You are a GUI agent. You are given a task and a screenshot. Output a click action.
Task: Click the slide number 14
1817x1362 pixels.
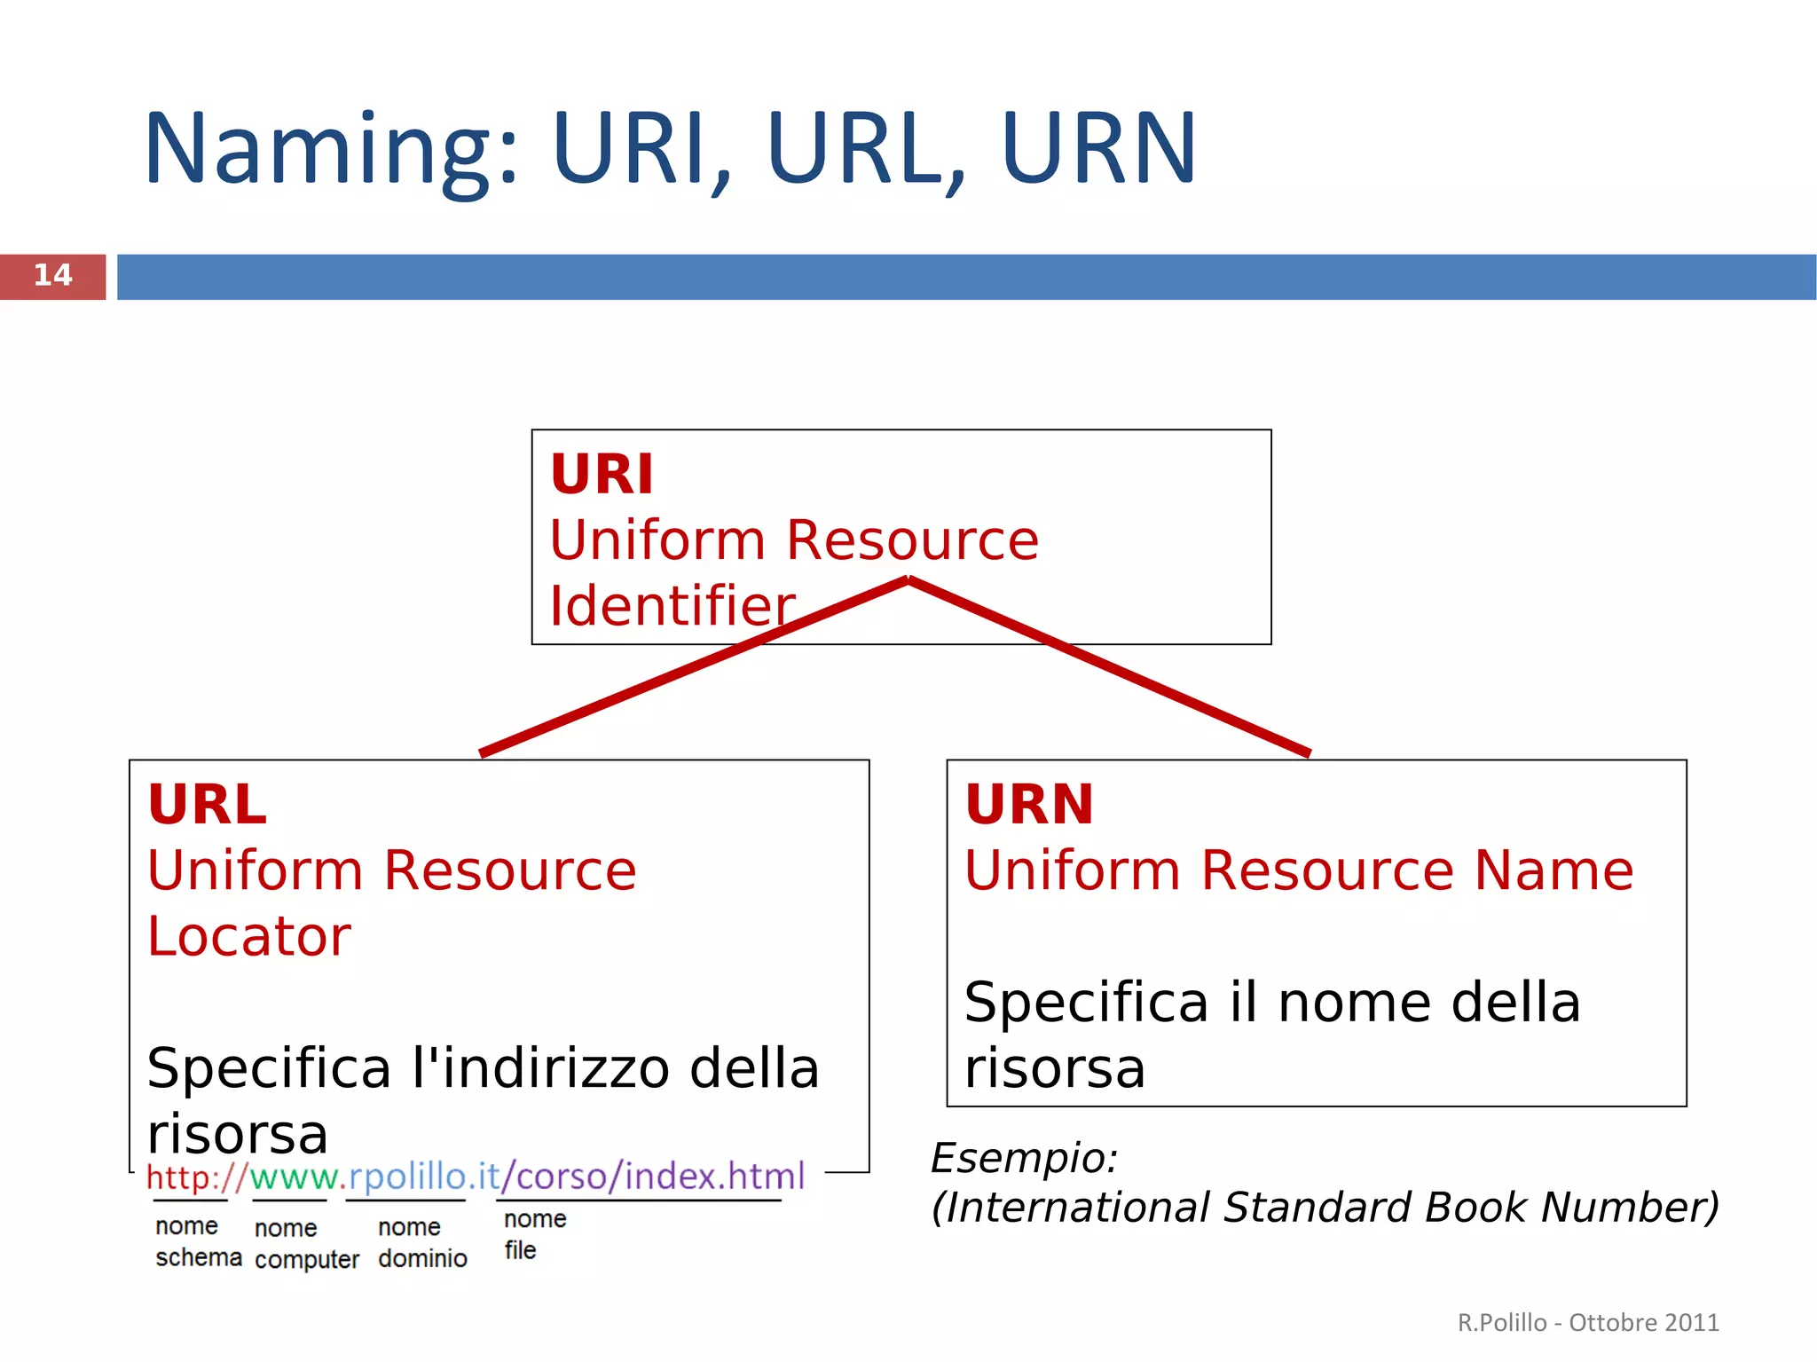[52, 275]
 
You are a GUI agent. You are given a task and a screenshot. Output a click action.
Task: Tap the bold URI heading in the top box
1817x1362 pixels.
[602, 475]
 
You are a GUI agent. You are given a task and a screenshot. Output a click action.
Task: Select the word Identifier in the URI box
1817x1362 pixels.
[672, 606]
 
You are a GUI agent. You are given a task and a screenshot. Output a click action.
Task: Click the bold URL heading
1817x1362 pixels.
[207, 805]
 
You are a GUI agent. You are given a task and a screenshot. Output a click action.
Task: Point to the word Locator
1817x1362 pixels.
[249, 936]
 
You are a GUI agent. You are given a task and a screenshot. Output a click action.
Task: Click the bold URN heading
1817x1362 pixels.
[1029, 805]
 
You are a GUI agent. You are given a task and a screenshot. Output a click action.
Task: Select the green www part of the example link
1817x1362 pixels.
[292, 1177]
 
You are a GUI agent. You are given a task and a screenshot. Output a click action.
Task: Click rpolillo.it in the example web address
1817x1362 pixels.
[425, 1177]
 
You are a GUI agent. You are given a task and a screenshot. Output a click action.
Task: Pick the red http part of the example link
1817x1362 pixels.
[182, 1177]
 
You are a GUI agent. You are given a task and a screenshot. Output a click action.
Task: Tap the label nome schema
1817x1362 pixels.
[197, 1241]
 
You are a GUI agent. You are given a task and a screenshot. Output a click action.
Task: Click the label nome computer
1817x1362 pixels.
[306, 1244]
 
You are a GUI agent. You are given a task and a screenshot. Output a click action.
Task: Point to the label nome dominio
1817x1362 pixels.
[422, 1242]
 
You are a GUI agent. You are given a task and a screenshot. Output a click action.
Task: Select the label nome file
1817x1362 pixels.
[533, 1234]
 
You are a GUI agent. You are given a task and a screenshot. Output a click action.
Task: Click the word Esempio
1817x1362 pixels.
[1024, 1158]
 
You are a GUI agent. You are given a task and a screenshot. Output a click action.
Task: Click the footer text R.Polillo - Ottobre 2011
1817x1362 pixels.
[1587, 1322]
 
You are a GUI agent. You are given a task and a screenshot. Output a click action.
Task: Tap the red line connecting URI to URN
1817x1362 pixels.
[1109, 666]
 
